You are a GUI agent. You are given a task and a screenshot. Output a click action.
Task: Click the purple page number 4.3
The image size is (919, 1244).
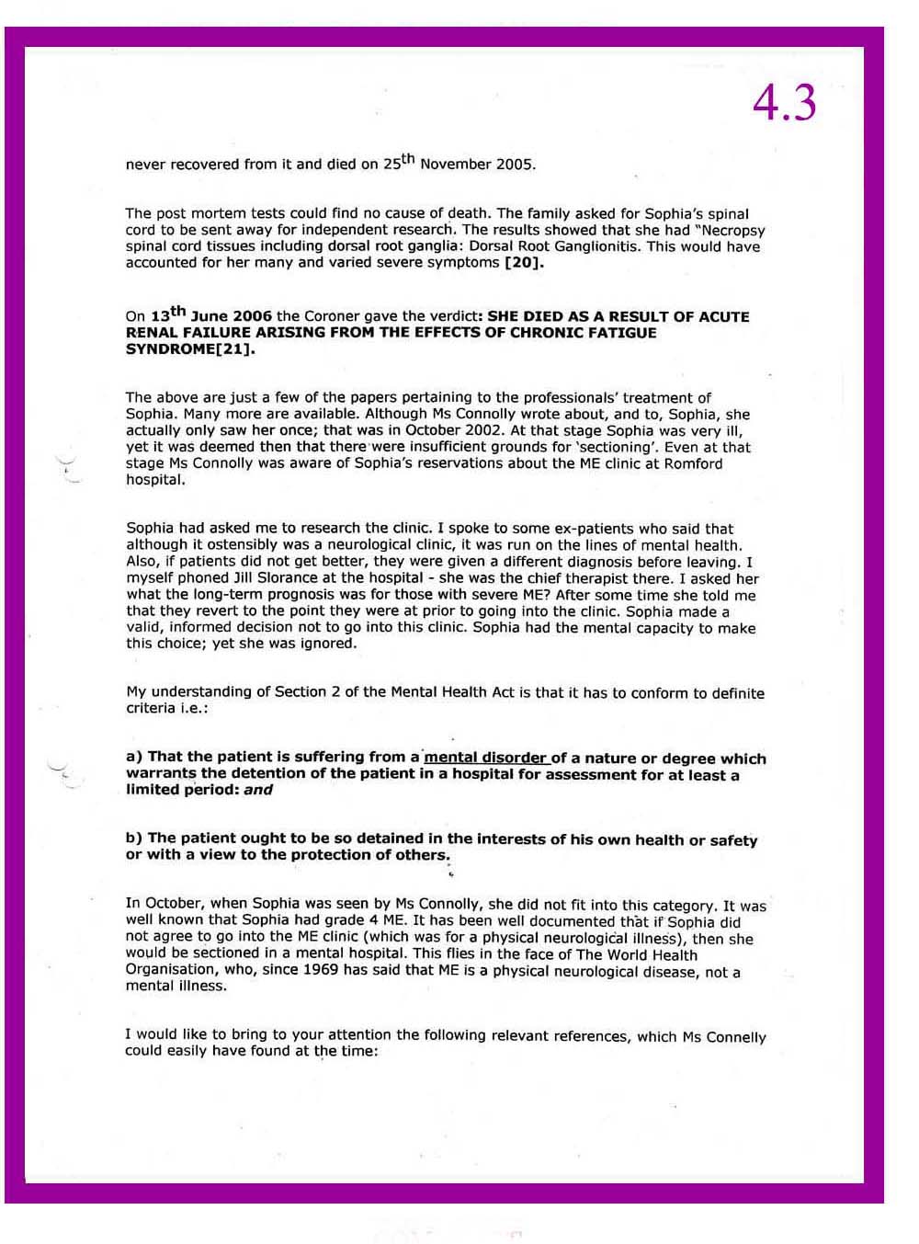coord(784,102)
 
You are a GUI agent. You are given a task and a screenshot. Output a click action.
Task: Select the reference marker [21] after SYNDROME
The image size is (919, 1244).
coord(236,349)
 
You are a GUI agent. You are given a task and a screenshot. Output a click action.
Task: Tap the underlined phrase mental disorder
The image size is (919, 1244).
coord(485,758)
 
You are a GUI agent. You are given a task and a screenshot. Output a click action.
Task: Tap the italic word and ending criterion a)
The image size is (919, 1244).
coord(258,790)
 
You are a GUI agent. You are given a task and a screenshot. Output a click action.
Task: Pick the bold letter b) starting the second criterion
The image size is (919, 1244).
coord(134,839)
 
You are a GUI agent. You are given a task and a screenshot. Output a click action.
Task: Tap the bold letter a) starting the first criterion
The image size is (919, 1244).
coord(134,757)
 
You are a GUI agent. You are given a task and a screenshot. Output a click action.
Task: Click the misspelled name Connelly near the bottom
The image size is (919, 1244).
coord(734,1036)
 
